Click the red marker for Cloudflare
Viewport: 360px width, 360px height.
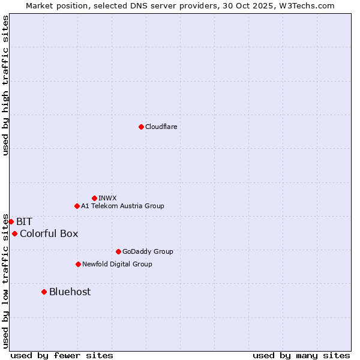141,127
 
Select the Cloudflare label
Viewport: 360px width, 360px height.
161,127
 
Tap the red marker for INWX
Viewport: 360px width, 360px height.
94,198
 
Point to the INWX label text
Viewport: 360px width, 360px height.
107,198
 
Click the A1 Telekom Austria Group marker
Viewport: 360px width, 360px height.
77,206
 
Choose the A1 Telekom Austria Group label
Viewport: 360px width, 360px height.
122,206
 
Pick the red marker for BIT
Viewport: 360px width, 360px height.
11,221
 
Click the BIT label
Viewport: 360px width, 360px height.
24,221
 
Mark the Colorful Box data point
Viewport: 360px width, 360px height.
14,233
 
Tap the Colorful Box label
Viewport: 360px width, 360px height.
49,233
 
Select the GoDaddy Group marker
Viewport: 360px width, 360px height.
118,251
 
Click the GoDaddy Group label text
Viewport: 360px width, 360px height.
148,251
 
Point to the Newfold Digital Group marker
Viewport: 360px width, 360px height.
78,264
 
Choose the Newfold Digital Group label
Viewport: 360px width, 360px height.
117,264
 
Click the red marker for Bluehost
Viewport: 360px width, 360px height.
44,292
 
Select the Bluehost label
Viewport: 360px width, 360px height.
70,292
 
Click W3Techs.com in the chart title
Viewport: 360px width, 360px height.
310,5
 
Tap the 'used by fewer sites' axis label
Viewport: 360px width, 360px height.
62,355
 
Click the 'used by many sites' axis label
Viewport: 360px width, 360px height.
301,355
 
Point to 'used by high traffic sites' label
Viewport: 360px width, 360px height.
5,85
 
